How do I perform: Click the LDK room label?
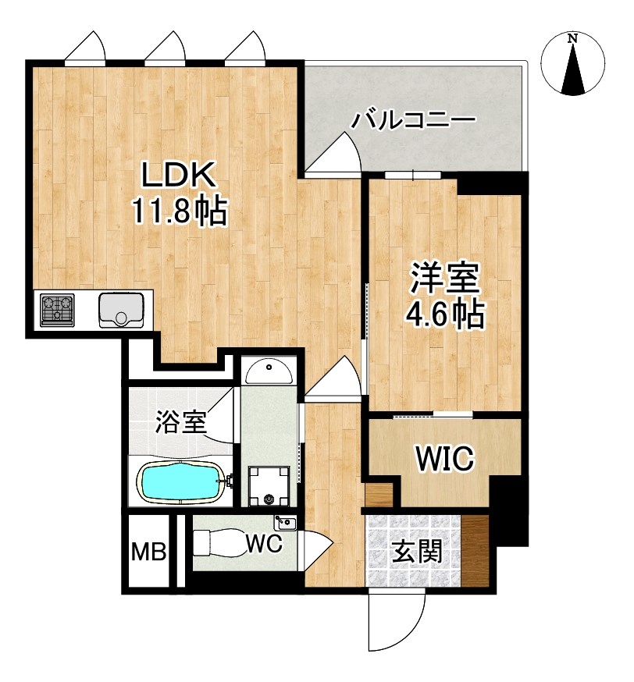178,175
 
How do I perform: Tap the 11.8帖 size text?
180,211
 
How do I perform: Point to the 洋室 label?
444,278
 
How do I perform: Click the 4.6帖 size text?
444,314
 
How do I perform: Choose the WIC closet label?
444,458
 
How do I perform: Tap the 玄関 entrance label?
417,551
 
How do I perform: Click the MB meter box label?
149,552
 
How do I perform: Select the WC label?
264,543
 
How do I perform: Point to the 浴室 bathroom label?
181,422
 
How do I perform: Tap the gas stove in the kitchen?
57,310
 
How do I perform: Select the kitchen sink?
121,310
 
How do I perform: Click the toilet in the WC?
219,542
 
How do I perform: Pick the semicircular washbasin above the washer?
269,371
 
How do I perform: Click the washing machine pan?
269,486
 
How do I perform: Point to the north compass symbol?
572,64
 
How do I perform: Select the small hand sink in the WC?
285,522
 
